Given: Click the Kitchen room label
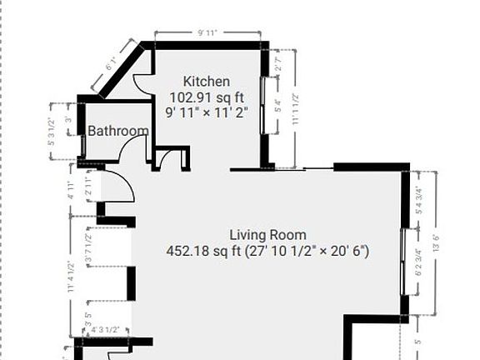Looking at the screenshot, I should (207, 82).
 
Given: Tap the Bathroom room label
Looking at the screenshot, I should (118, 131).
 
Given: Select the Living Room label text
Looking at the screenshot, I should (267, 235).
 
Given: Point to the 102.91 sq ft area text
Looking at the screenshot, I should (207, 97).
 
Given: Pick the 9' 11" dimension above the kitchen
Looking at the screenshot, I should (207, 33).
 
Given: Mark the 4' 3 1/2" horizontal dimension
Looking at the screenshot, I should (106, 330).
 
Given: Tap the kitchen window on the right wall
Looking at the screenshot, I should (265, 105).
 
